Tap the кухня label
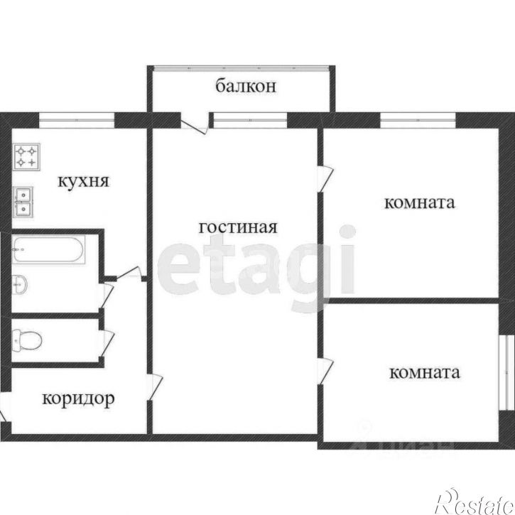(x=83, y=181)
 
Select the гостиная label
(x=237, y=228)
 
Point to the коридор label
(x=78, y=399)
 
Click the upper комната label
(x=419, y=203)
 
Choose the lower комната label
(x=424, y=372)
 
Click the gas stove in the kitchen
(x=27, y=156)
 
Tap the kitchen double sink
(x=24, y=200)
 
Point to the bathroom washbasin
(x=20, y=282)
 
